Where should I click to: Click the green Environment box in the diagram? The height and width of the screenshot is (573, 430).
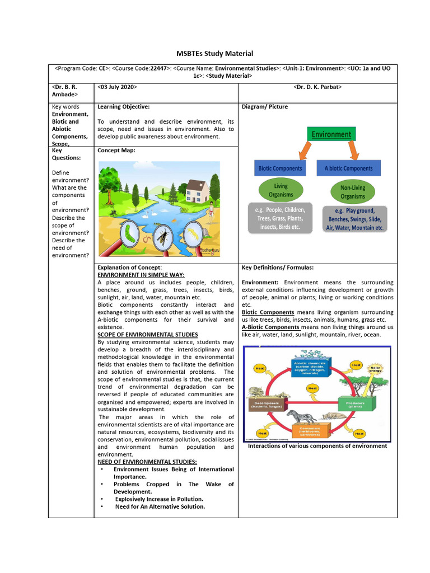[x=331, y=134]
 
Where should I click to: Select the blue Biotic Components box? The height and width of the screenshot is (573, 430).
[x=280, y=168]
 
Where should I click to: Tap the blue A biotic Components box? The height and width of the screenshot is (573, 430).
[x=348, y=168]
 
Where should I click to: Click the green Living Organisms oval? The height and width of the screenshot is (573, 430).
[x=281, y=190]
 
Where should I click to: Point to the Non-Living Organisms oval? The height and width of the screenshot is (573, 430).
[x=353, y=192]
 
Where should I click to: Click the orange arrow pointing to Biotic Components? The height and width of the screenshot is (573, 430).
[x=305, y=150]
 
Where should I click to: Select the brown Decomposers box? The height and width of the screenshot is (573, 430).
[x=266, y=403]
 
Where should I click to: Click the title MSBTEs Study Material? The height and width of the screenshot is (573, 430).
[x=214, y=54]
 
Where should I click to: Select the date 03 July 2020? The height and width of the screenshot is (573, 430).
[x=117, y=87]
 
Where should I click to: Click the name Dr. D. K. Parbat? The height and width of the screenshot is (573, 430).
[x=317, y=87]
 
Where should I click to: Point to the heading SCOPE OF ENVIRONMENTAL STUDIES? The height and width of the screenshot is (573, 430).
[x=148, y=335]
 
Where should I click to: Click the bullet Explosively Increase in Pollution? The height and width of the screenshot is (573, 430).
[x=159, y=499]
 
